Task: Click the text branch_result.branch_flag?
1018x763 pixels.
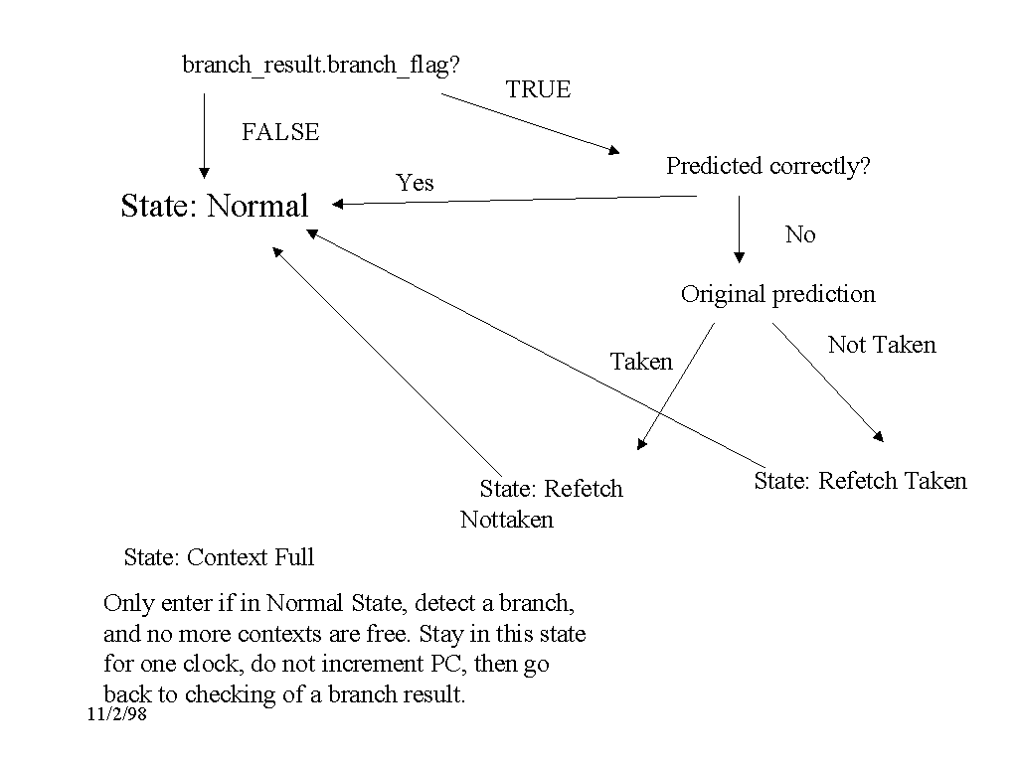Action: point(320,66)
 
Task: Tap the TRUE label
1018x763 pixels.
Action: point(538,89)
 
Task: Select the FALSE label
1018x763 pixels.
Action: point(280,132)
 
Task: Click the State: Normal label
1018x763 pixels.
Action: point(215,206)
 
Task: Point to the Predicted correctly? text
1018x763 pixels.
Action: point(767,166)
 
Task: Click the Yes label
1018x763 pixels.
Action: point(415,183)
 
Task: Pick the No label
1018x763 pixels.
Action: point(800,234)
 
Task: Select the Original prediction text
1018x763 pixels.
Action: point(777,294)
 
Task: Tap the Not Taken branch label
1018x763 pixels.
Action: point(882,345)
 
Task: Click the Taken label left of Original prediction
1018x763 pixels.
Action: point(641,362)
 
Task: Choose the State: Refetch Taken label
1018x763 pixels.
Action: point(860,481)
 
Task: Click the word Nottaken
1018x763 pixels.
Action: point(507,520)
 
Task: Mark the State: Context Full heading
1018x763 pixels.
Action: point(219,557)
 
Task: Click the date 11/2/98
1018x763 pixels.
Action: point(117,715)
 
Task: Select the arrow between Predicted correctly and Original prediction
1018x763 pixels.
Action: point(739,229)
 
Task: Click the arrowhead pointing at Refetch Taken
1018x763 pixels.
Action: point(879,436)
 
